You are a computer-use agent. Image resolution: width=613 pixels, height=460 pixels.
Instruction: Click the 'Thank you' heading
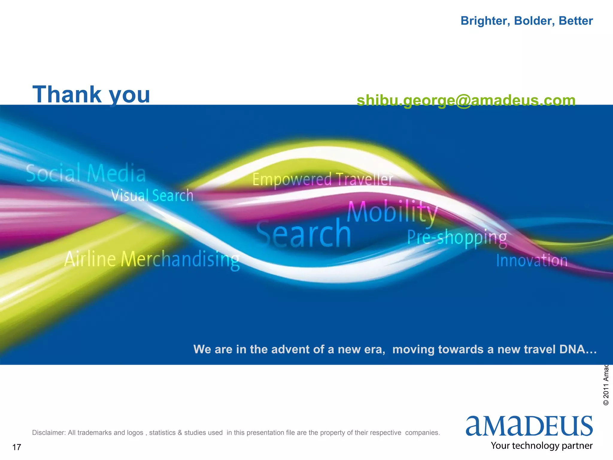91,95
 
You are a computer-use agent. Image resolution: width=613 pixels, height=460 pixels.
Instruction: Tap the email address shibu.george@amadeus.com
466,100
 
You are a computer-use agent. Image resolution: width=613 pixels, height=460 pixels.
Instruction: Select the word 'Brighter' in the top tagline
485,21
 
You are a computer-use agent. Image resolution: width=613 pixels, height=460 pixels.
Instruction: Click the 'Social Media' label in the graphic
86,173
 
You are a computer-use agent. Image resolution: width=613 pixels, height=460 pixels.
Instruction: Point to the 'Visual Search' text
152,196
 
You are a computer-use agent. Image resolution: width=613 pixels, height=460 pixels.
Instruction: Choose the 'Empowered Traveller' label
323,179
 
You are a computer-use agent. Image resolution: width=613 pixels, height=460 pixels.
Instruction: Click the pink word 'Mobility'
392,212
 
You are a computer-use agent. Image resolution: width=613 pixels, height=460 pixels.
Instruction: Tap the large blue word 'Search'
304,234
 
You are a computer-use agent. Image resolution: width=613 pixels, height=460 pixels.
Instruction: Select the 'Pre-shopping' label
457,238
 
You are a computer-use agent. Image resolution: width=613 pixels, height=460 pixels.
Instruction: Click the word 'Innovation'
532,260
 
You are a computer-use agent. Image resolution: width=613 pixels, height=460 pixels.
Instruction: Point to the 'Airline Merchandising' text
152,259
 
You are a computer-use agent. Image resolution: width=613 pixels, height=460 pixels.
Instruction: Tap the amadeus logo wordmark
529,426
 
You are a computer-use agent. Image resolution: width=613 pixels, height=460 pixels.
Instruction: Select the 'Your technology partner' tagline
541,446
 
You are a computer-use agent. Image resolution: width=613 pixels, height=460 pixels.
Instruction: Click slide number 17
17,447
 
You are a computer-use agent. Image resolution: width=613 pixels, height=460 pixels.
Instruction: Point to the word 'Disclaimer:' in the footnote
49,433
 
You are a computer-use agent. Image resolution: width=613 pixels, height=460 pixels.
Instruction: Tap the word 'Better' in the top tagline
576,21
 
